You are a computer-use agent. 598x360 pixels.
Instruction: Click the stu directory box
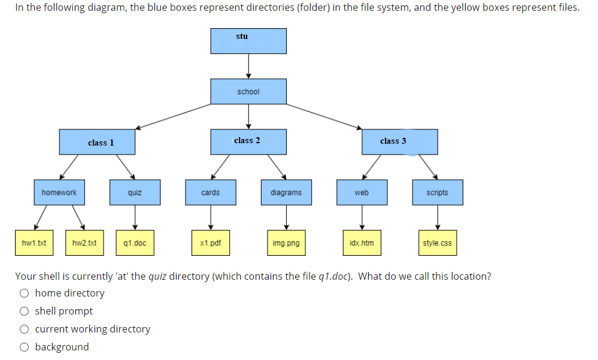[x=248, y=41]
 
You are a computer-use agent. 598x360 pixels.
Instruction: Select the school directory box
[x=248, y=91]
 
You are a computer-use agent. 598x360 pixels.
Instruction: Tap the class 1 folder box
[x=97, y=142]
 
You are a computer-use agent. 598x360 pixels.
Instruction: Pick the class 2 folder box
[x=248, y=141]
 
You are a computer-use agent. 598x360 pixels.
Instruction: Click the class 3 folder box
[x=399, y=141]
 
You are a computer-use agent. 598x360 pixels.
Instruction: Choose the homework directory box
[x=59, y=192]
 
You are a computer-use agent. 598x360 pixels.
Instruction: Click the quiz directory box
[x=135, y=192]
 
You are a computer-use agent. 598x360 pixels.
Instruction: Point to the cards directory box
[x=210, y=192]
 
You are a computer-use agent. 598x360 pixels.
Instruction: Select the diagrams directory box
[x=286, y=192]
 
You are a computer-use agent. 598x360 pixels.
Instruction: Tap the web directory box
[x=362, y=192]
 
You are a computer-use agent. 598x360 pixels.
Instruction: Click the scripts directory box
[x=437, y=192]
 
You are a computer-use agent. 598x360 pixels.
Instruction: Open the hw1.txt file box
[x=34, y=243]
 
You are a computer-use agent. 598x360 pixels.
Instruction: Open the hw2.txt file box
[x=84, y=243]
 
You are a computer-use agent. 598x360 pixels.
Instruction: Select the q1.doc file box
[x=135, y=243]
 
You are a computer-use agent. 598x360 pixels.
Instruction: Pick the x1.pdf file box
[x=210, y=243]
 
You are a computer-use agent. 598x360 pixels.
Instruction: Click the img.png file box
[x=286, y=243]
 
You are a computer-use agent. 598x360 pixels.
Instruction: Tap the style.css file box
[x=437, y=243]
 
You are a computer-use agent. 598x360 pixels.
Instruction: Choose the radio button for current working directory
[x=24, y=329]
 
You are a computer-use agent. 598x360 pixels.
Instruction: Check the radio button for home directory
[x=24, y=293]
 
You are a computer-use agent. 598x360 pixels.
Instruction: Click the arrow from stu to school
[x=248, y=66]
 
